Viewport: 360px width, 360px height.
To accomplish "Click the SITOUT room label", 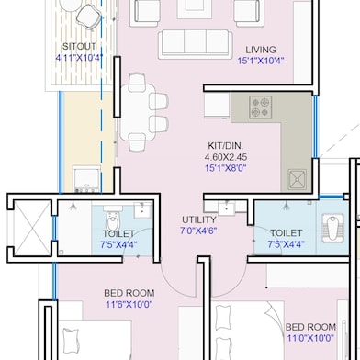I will tap(80, 46).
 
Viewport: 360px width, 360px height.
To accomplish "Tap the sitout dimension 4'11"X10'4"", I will tap(80, 57).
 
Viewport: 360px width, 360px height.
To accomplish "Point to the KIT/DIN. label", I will tap(227, 145).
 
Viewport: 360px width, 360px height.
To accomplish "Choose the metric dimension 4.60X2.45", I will tap(227, 157).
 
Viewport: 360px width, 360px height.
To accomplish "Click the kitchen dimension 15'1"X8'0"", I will tap(227, 168).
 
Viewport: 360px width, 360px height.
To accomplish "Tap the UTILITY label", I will tap(199, 220).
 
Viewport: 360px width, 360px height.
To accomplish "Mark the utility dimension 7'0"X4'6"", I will tap(199, 231).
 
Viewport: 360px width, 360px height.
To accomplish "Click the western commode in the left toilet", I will tap(111, 220).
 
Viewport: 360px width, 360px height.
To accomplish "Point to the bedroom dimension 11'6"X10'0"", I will tap(128, 305).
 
